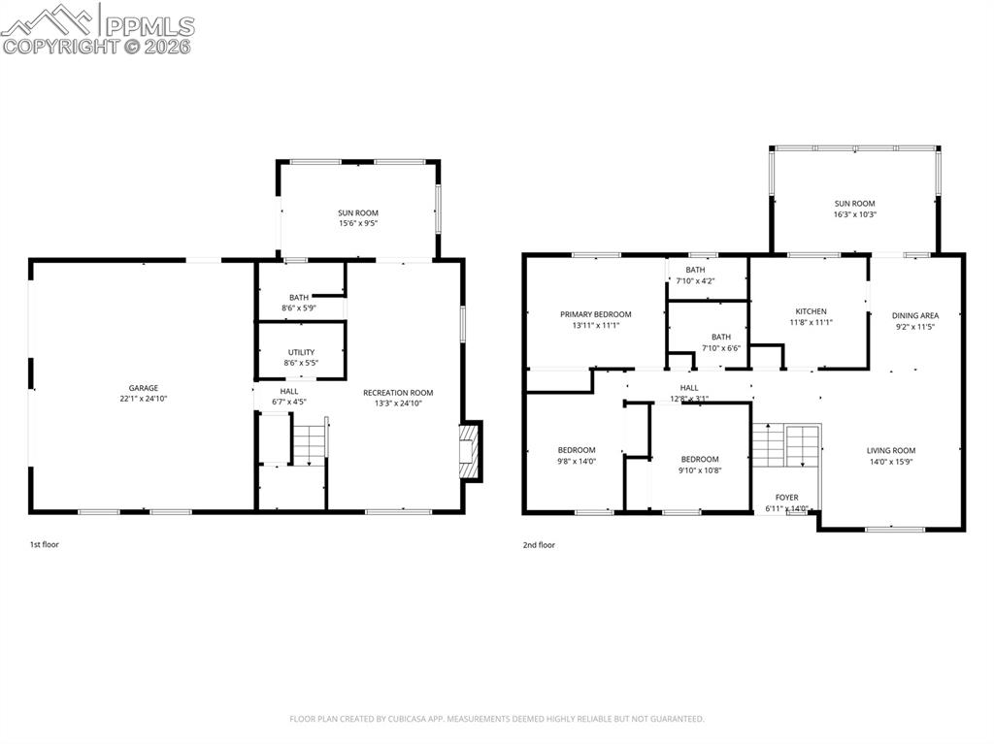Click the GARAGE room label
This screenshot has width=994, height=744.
[x=144, y=388]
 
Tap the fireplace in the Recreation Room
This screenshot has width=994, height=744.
[x=471, y=451]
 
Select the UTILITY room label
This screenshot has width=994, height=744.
[x=300, y=352]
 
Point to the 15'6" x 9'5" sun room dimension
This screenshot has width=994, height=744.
[x=357, y=223]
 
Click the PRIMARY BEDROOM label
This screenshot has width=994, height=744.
[x=595, y=314]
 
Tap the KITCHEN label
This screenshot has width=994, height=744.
[x=810, y=311]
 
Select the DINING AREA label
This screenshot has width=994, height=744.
[x=915, y=315]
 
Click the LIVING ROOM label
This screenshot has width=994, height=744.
[x=890, y=450]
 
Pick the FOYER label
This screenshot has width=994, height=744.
[x=786, y=498]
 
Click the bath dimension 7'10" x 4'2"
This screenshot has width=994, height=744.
[x=694, y=281]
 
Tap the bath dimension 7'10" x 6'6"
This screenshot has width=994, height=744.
[x=720, y=348]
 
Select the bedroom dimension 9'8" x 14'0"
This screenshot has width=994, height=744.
[x=576, y=462]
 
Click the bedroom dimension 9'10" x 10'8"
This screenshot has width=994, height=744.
[x=700, y=470]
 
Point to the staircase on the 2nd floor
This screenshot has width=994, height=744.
[x=786, y=446]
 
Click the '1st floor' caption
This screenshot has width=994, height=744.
[x=44, y=545]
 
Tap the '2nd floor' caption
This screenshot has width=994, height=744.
[x=538, y=545]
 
